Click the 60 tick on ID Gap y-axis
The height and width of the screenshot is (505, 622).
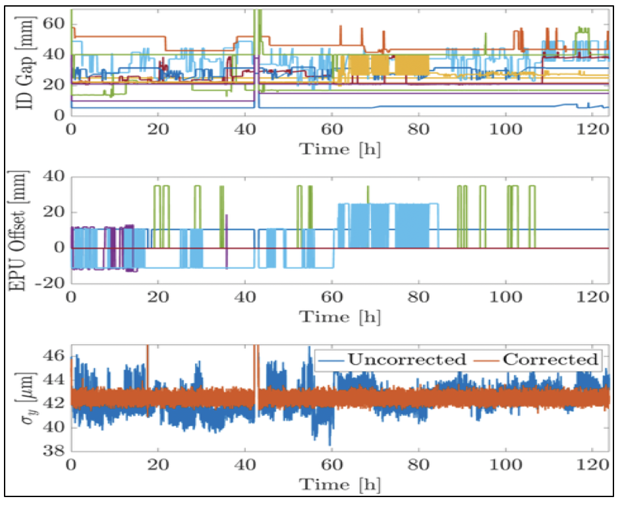tap(55, 23)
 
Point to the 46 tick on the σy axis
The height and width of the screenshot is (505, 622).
tap(55, 357)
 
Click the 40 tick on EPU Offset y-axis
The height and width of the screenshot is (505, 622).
tap(55, 177)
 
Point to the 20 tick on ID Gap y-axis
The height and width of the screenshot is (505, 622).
tap(55, 84)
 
